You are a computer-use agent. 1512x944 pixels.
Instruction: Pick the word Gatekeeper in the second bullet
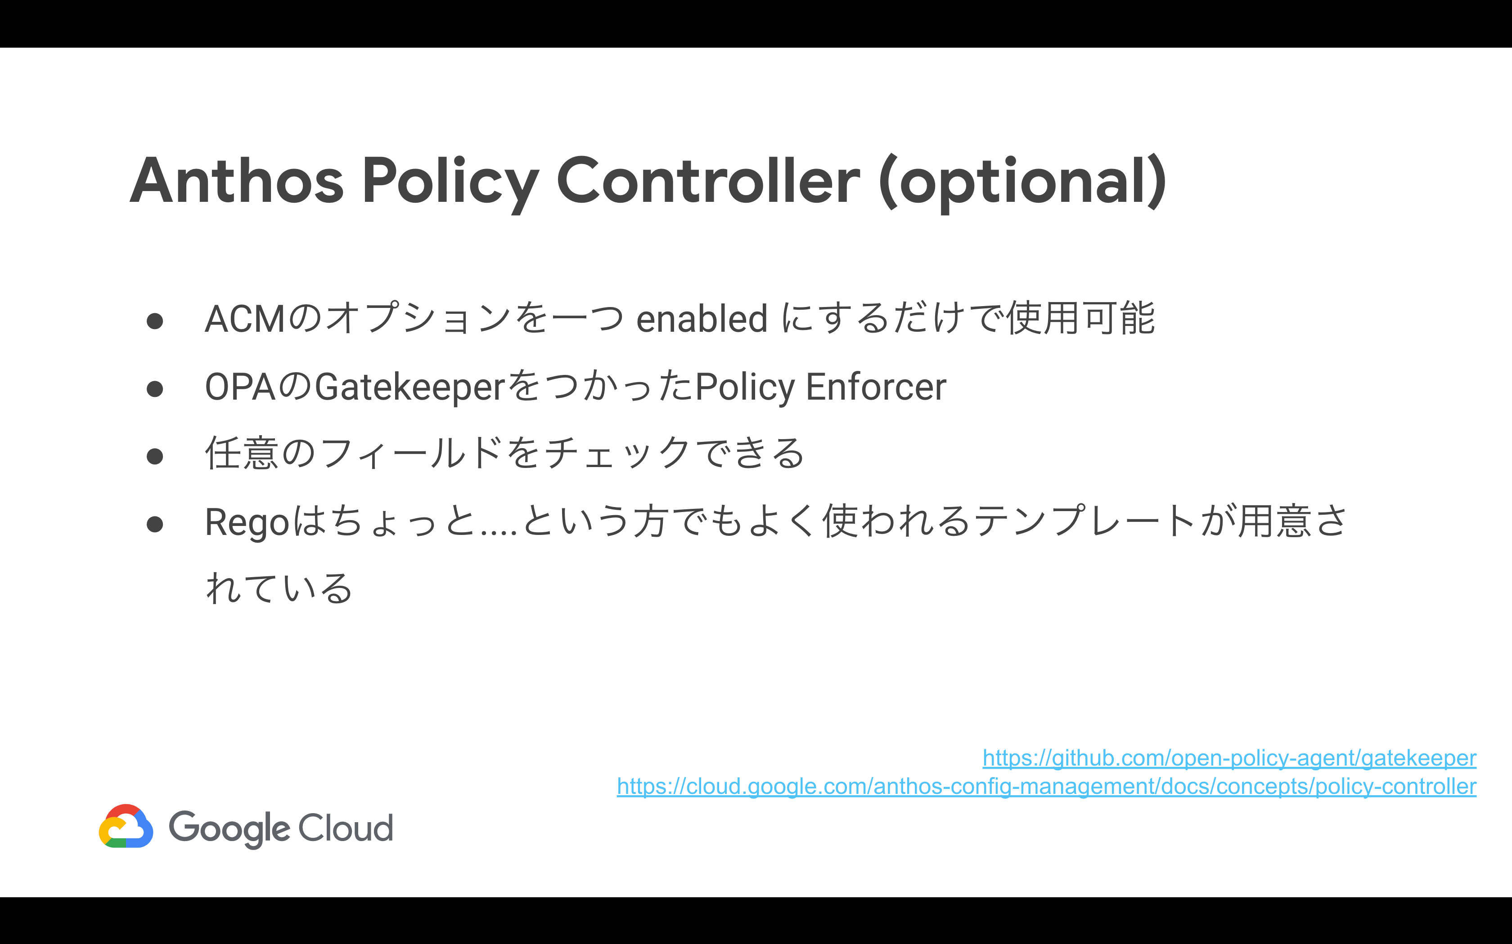tap(409, 387)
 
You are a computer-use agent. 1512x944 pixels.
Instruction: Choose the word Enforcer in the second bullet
tap(876, 387)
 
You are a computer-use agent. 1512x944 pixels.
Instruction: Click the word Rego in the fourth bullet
tap(247, 522)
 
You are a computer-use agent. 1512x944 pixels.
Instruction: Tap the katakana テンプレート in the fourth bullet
tap(1086, 521)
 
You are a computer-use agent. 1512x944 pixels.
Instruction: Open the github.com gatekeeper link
tap(1229, 758)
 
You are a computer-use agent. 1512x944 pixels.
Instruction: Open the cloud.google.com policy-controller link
tap(1047, 787)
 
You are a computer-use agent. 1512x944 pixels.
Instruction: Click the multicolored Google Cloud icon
tap(126, 826)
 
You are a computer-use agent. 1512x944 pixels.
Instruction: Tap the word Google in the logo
tap(229, 829)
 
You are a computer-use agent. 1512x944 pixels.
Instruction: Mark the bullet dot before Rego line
tap(155, 524)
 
